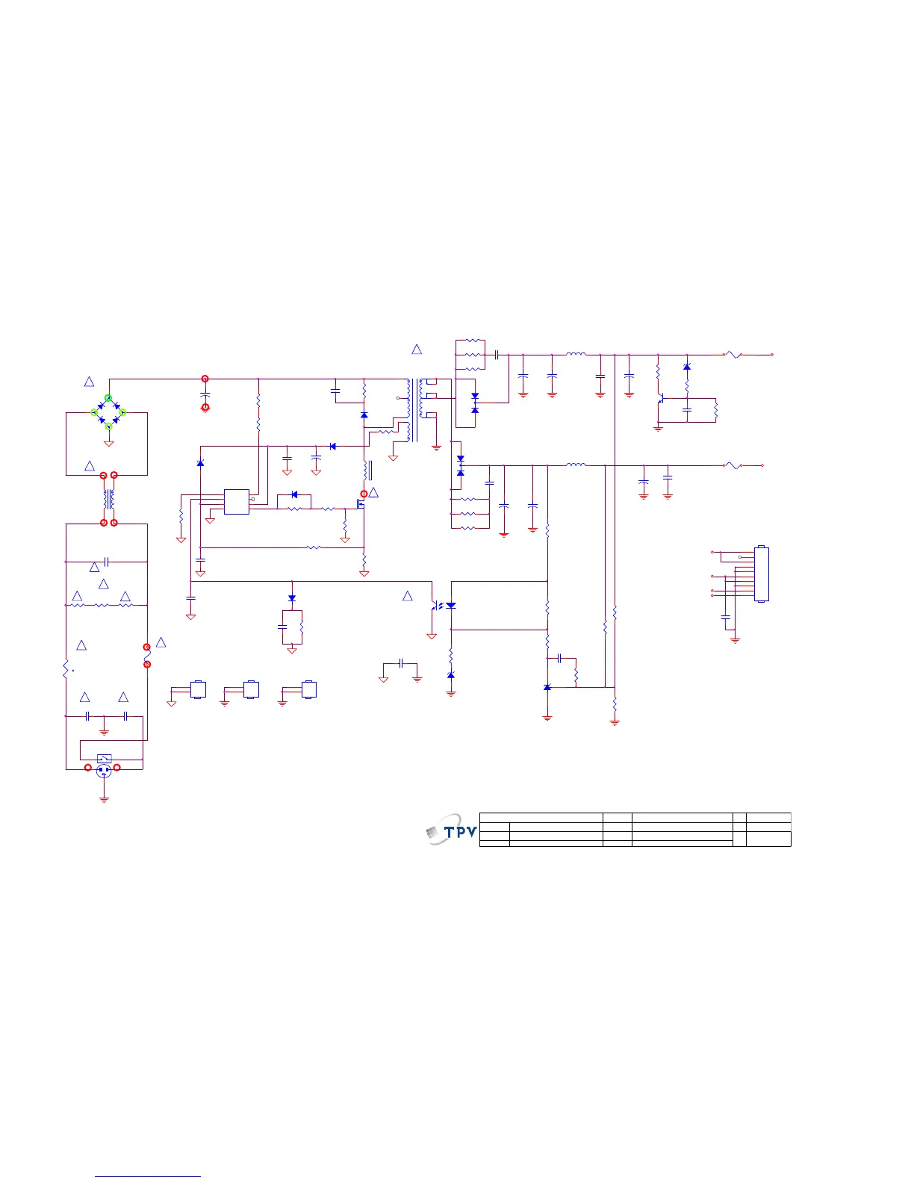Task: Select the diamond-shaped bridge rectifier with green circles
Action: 108,412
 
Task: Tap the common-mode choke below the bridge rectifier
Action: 109,499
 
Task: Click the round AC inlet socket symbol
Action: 104,771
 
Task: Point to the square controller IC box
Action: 237,502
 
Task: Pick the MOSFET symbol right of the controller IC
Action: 361,504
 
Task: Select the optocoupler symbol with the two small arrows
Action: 442,606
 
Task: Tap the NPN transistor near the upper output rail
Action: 661,400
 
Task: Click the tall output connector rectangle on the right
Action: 762,574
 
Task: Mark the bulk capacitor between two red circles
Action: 205,393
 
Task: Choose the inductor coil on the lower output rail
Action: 576,465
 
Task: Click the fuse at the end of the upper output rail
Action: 733,355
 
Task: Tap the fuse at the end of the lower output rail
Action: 733,465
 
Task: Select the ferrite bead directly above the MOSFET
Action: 367,471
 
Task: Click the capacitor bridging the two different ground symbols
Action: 401,662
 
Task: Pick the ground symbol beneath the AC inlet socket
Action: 104,799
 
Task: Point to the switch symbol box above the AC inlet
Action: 105,758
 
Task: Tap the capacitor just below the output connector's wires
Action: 724,618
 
